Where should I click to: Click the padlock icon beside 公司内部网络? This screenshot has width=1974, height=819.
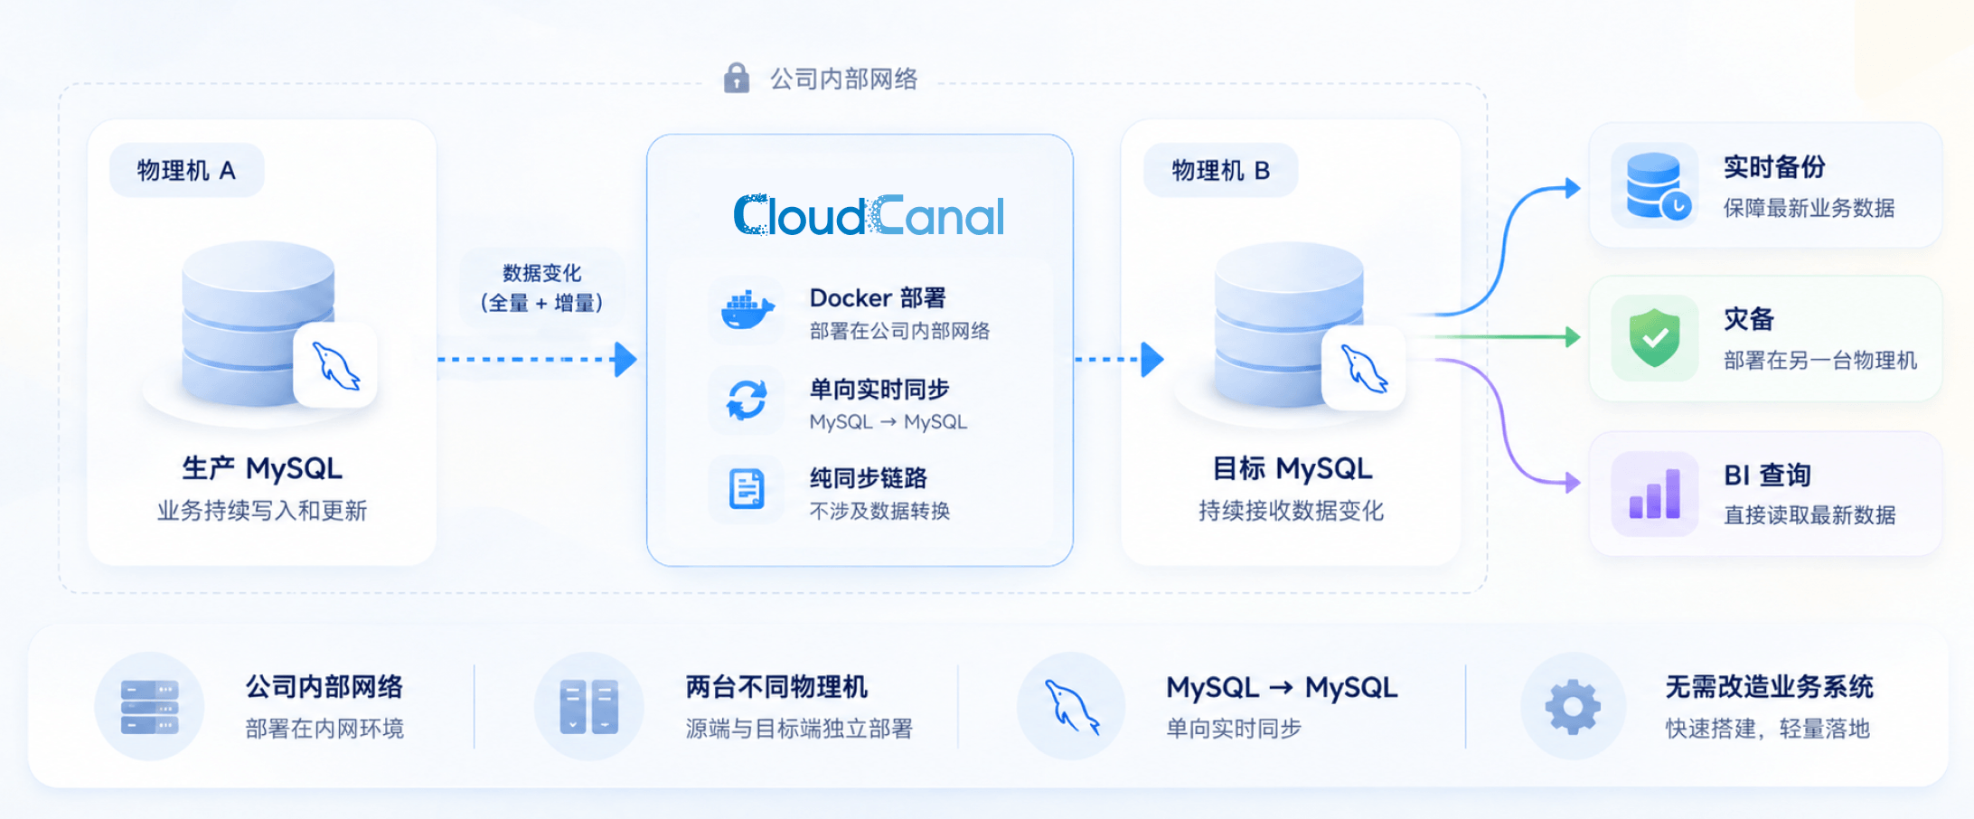(x=737, y=78)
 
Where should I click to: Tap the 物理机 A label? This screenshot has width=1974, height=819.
(x=186, y=170)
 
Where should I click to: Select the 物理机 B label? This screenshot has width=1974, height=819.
(x=1221, y=170)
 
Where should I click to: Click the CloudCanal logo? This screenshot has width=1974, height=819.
(x=869, y=216)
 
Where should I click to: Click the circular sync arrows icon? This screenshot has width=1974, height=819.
(x=747, y=400)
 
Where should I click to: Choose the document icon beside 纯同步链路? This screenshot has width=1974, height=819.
(x=747, y=489)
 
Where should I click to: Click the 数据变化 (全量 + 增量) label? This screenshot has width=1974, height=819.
(x=542, y=287)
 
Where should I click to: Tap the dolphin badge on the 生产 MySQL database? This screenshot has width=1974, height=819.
(x=335, y=365)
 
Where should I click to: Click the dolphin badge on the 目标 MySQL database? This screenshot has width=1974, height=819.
(x=1363, y=368)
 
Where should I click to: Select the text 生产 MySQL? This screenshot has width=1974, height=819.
(x=262, y=468)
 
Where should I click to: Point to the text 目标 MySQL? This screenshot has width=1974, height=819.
(x=1292, y=468)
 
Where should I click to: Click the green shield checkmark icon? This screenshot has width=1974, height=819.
(x=1655, y=337)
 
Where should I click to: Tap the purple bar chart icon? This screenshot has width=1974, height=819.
(x=1655, y=494)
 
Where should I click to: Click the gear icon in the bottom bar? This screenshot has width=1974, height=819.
(x=1573, y=706)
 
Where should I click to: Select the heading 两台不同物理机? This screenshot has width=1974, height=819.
(x=776, y=687)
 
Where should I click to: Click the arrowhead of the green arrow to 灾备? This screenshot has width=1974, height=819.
(x=1574, y=337)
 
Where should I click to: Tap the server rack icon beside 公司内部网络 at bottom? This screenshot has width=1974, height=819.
(x=150, y=707)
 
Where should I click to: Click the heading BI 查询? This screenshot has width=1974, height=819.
(x=1767, y=475)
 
